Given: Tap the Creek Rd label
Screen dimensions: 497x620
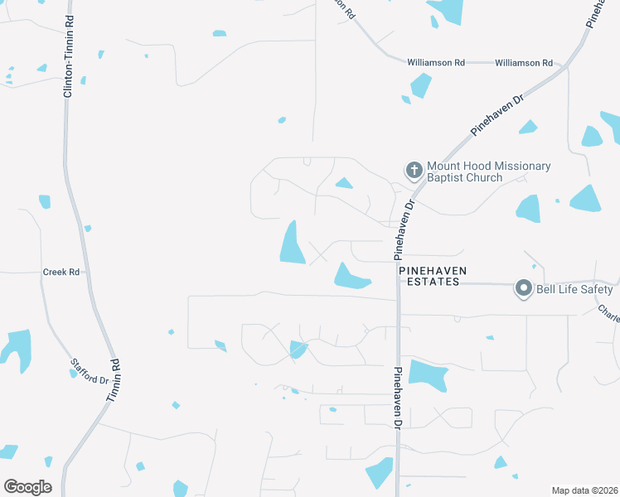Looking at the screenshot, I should click(62, 272).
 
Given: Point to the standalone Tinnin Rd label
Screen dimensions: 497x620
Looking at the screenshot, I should click(114, 381).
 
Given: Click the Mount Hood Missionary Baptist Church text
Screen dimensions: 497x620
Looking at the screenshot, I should click(488, 171).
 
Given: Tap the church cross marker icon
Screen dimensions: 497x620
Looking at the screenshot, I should click(414, 171).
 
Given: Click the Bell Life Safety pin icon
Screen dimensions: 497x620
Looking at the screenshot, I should click(523, 289).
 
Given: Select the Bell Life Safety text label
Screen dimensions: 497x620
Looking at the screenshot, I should click(575, 289).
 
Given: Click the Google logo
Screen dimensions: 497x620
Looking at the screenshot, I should click(27, 486).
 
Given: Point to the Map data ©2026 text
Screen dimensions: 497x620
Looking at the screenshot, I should click(584, 490).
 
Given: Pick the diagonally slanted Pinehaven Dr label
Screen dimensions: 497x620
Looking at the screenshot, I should click(498, 115).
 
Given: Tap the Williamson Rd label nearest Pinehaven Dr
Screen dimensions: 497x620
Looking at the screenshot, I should click(523, 63).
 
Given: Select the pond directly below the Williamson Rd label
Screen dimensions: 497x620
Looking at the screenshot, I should click(420, 85).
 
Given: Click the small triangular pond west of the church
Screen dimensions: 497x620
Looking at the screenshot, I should click(343, 182).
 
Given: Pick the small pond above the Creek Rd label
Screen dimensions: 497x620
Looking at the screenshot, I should click(45, 201).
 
